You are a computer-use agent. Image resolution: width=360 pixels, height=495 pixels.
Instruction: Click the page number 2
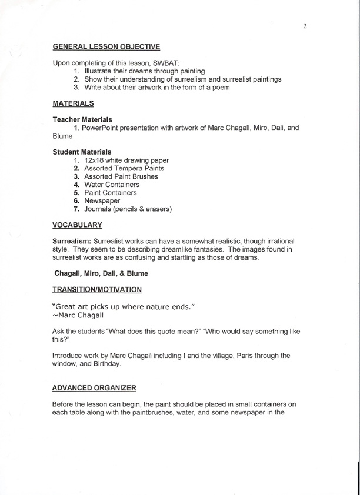coord(305,26)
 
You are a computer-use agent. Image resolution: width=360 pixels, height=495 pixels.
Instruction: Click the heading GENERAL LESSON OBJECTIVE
coord(106,45)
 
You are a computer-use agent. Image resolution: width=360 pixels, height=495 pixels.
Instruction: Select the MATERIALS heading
coord(73,104)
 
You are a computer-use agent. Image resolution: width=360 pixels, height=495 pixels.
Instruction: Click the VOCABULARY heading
coord(77,225)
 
